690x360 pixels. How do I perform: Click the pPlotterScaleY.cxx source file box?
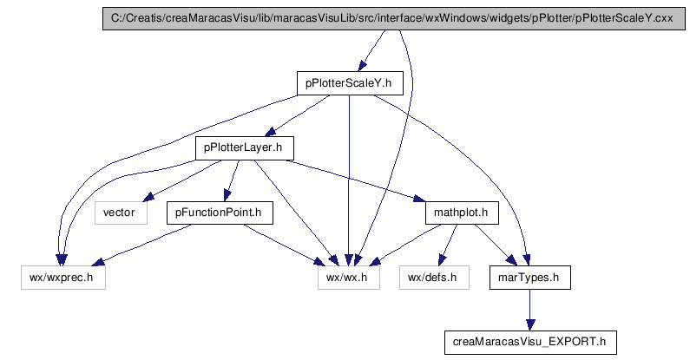(394, 18)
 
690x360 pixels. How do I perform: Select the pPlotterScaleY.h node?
(350, 83)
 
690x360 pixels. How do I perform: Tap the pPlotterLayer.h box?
(245, 148)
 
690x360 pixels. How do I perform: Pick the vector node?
(121, 213)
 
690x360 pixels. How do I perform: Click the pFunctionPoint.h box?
(220, 213)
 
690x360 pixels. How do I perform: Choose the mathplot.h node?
(462, 213)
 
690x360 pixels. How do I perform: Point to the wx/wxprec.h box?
(63, 278)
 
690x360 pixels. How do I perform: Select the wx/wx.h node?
(349, 278)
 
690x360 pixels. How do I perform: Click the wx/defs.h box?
(434, 278)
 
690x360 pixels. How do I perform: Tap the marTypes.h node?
(530, 278)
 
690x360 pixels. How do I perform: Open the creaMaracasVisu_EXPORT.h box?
(530, 343)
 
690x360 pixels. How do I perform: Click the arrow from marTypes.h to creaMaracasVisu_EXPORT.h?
(530, 310)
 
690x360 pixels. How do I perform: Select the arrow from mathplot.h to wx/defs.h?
(448, 245)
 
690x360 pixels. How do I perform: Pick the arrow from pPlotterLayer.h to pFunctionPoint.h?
(232, 180)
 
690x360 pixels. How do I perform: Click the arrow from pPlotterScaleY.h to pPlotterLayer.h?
(297, 115)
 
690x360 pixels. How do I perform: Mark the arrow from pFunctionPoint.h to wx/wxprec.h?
(141, 245)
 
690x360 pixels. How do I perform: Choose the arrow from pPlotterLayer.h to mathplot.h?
(355, 180)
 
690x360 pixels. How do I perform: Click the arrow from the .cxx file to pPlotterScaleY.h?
(371, 50)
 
